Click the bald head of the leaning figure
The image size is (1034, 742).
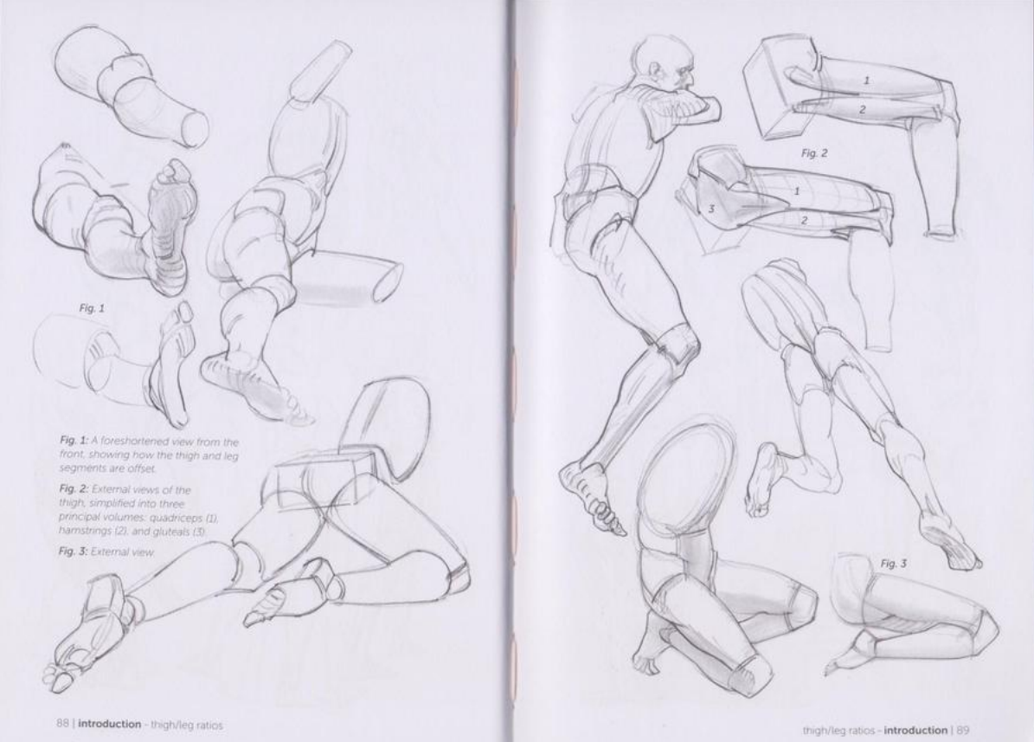coord(659,61)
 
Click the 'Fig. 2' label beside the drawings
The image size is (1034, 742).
coord(814,153)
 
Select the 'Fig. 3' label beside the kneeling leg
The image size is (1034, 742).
coord(894,563)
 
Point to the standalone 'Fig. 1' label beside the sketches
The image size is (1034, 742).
coord(92,307)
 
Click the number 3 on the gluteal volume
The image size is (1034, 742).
coord(711,210)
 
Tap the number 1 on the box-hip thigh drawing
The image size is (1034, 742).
coord(866,80)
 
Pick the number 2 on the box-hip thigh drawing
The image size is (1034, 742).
coord(862,110)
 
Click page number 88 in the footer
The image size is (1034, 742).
coord(62,724)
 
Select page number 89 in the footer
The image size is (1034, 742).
coord(963,730)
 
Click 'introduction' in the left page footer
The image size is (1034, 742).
coord(110,724)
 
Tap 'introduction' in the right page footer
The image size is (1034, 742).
coord(915,730)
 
